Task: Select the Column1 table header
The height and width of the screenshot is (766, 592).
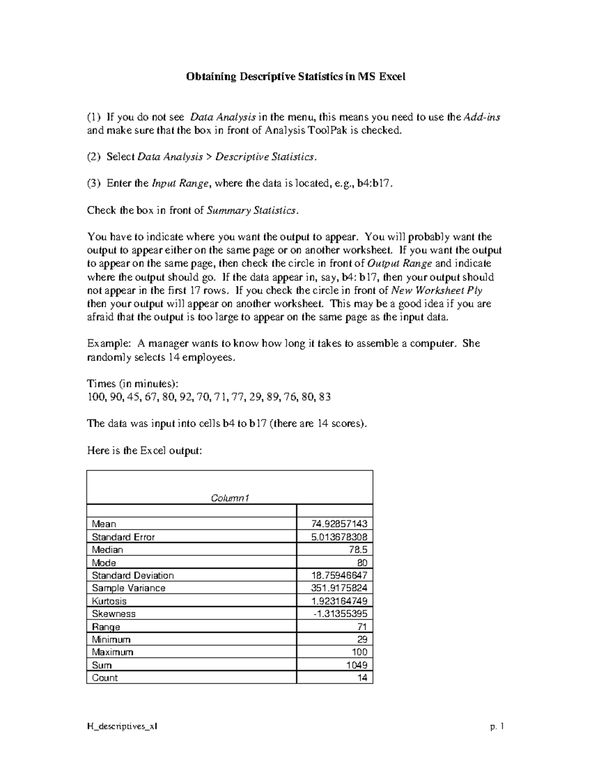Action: coord(230,498)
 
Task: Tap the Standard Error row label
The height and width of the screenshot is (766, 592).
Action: coord(123,537)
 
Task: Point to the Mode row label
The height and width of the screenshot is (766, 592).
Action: coord(104,563)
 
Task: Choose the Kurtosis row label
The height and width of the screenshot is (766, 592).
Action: coord(109,601)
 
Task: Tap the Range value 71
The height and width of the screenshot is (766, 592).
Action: coord(362,627)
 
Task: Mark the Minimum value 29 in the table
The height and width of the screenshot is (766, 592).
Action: coord(362,640)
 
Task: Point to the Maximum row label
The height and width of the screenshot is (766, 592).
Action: coord(112,652)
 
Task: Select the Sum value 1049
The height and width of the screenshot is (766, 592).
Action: coord(357,665)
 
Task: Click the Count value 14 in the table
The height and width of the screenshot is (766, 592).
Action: coord(362,678)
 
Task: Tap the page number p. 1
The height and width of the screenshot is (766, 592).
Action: coord(497,727)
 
